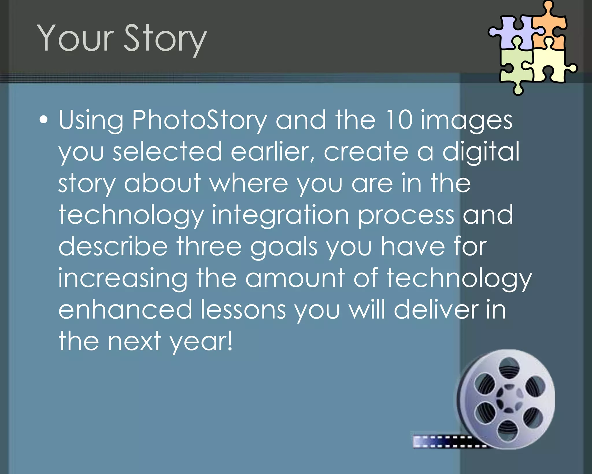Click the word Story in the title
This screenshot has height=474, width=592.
[x=165, y=39]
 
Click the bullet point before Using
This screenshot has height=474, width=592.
[x=43, y=120]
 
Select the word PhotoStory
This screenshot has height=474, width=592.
[x=199, y=120]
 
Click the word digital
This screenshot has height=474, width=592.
[x=481, y=151]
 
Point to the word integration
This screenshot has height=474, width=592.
[x=280, y=215]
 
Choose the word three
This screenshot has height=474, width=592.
[x=209, y=247]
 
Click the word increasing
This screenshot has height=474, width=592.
[x=123, y=278]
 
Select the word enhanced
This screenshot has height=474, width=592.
[x=125, y=310]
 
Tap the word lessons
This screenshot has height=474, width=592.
[x=243, y=310]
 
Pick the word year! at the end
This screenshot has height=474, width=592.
[x=201, y=342]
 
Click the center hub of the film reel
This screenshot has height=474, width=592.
[x=509, y=398]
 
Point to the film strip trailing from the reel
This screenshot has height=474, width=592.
[x=442, y=441]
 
